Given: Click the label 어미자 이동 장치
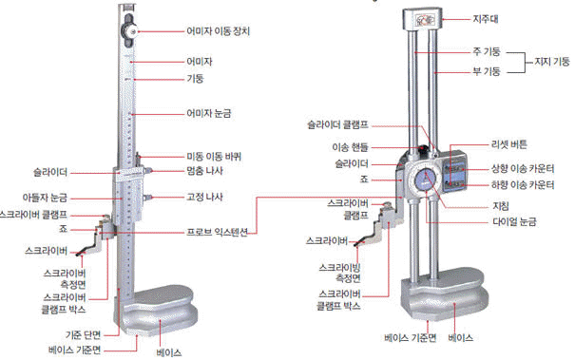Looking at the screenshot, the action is click(x=219, y=31).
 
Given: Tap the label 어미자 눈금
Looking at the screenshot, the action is click(x=209, y=113).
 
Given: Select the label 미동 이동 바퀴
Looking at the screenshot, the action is click(x=214, y=157).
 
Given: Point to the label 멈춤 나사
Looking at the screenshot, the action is click(x=204, y=171).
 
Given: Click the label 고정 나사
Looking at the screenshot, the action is click(x=204, y=197).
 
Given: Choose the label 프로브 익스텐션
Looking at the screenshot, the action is click(x=217, y=232).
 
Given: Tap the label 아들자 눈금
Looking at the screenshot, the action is click(x=45, y=198).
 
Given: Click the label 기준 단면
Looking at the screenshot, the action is click(x=83, y=334).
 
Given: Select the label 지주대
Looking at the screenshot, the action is click(x=486, y=19).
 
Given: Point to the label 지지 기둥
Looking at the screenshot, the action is click(x=552, y=62).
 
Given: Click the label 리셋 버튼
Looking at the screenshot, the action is click(x=509, y=144).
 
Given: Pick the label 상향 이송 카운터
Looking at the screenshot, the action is click(x=523, y=169).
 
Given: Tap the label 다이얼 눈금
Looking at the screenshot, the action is click(x=514, y=221).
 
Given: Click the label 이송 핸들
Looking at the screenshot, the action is click(x=350, y=147).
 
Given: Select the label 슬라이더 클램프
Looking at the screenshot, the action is click(x=337, y=125).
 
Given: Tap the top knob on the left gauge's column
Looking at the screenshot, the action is click(x=128, y=32).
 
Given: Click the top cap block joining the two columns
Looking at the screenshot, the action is click(x=422, y=19).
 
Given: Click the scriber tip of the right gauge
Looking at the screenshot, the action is click(x=356, y=244).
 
